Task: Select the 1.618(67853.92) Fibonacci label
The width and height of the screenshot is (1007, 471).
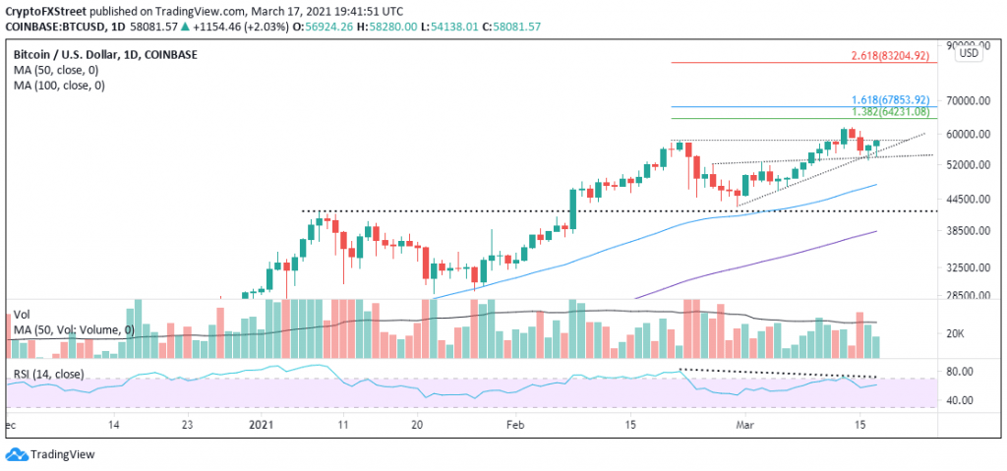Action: click(889, 100)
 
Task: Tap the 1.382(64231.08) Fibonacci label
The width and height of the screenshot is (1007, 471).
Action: click(889, 112)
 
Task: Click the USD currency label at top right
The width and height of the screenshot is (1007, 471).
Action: click(968, 53)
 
